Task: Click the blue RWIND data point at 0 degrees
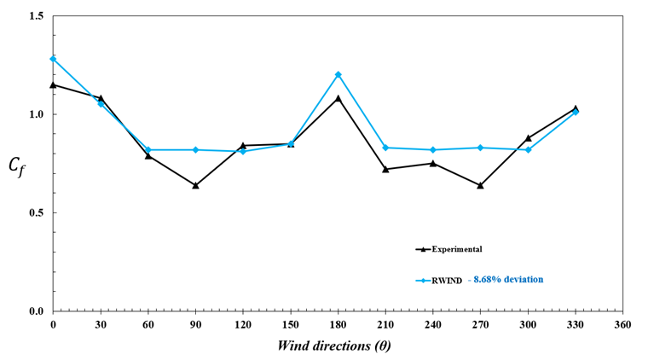click(x=53, y=59)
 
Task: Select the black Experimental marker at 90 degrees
click(x=195, y=185)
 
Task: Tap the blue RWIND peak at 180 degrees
click(x=338, y=74)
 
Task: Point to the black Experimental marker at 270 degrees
click(x=481, y=185)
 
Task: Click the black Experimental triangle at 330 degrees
click(x=576, y=108)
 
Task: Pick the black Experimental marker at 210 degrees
click(x=385, y=169)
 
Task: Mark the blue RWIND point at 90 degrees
click(x=195, y=149)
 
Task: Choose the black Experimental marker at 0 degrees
click(x=53, y=84)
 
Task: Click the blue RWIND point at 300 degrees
click(x=529, y=149)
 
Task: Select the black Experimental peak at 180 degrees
click(x=338, y=98)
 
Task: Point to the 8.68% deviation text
click(x=510, y=279)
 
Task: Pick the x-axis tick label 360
click(x=623, y=325)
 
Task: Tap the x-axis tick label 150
click(x=291, y=325)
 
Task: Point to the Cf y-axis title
click(x=19, y=165)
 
